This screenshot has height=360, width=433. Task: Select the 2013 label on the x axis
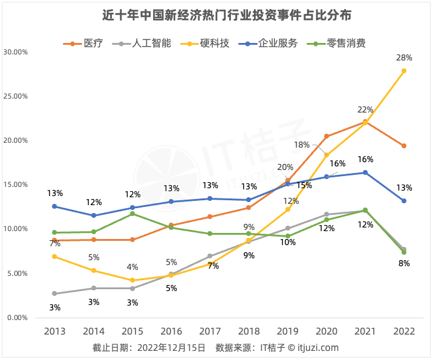pyautogui.click(x=54, y=332)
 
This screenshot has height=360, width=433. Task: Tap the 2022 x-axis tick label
pyautogui.click(x=404, y=332)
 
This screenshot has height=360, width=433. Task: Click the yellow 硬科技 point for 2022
pyautogui.click(x=404, y=71)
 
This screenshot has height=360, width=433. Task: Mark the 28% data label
pyautogui.click(x=404, y=58)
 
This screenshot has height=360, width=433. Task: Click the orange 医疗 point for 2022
pyautogui.click(x=404, y=146)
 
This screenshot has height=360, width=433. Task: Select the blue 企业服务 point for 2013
pyautogui.click(x=54, y=206)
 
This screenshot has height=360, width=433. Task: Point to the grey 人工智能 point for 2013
pyautogui.click(x=54, y=293)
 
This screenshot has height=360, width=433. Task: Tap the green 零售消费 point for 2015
pyautogui.click(x=132, y=214)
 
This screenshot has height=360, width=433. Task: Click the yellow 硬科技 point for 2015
pyautogui.click(x=132, y=280)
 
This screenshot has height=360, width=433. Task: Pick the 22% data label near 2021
pyautogui.click(x=365, y=110)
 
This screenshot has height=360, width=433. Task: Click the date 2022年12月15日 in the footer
pyautogui.click(x=171, y=348)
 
